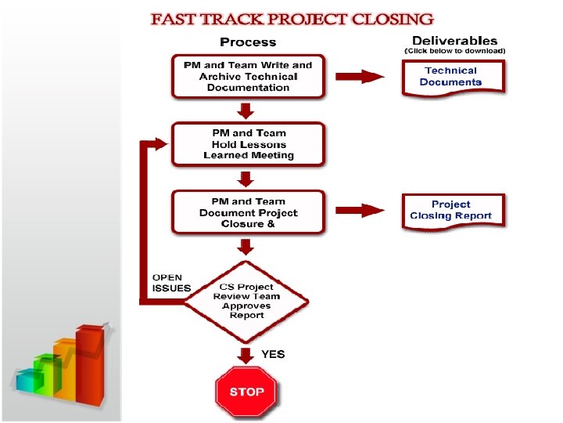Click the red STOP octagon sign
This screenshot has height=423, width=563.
(246, 391)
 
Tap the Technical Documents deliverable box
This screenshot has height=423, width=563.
(453, 77)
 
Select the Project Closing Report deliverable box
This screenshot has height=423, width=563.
(453, 210)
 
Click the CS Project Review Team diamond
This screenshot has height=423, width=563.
(246, 301)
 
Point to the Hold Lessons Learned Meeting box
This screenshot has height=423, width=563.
(248, 144)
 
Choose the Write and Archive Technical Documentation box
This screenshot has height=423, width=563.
(248, 76)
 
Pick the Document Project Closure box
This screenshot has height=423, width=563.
(248, 212)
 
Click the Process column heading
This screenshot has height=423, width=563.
(248, 42)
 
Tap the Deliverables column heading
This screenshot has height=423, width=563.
(454, 40)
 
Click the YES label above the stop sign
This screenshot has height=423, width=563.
(273, 354)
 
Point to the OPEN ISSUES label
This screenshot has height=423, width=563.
(170, 282)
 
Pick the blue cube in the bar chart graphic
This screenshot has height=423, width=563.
(29, 381)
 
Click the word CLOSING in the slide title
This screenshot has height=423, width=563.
(384, 19)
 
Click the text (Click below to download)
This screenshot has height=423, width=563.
(454, 51)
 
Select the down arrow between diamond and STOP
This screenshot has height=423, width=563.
(246, 356)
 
